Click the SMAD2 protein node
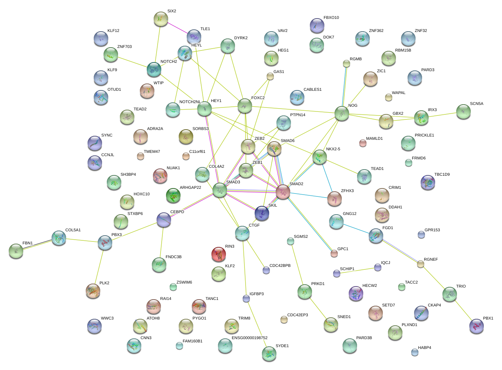(x=283, y=192)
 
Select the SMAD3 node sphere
(x=220, y=190)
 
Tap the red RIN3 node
(x=219, y=254)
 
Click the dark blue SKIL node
(x=262, y=213)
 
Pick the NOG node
(x=341, y=113)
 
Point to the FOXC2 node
(x=245, y=106)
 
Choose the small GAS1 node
(x=270, y=76)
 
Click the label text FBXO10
(x=331, y=17)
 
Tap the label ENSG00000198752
(x=250, y=338)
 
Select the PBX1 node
(x=476, y=326)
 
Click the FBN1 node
(x=16, y=251)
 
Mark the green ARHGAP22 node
(x=173, y=195)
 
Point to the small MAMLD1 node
(x=363, y=143)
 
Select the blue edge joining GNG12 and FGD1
(x=356, y=229)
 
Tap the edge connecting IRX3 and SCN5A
(x=442, y=115)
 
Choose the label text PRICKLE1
(x=424, y=135)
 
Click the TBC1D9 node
(x=428, y=182)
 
